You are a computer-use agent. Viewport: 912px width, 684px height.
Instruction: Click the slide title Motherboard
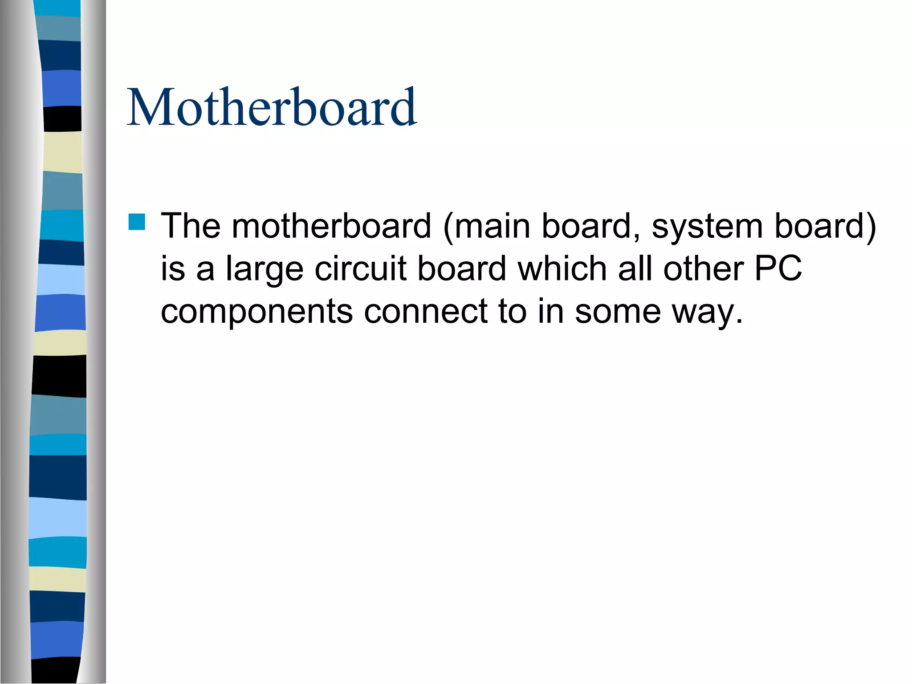(x=272, y=107)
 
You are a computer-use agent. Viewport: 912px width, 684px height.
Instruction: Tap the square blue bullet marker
(x=137, y=222)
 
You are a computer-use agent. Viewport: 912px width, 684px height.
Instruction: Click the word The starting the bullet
(x=191, y=226)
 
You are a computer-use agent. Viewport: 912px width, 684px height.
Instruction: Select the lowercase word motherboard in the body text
(x=331, y=226)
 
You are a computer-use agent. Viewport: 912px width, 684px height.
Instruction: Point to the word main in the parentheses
(x=488, y=226)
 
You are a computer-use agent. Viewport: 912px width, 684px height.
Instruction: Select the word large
(x=265, y=269)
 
